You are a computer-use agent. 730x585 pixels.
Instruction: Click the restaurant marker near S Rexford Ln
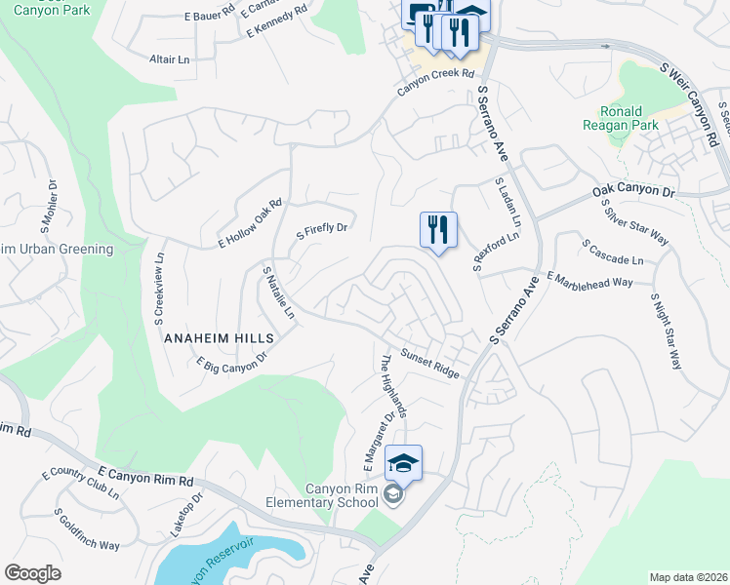click(437, 231)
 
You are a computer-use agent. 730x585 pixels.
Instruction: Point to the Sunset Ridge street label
click(429, 366)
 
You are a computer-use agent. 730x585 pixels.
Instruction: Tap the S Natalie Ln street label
click(278, 292)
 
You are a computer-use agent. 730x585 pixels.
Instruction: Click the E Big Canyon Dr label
click(231, 364)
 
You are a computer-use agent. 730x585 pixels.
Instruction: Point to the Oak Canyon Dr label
click(633, 194)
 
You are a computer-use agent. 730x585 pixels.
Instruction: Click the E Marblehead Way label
click(589, 280)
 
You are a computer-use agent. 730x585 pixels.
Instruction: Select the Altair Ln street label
click(170, 59)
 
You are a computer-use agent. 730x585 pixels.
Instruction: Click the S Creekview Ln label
click(158, 287)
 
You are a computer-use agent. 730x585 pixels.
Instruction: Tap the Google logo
click(32, 573)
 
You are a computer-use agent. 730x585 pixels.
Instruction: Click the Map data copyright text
click(688, 577)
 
